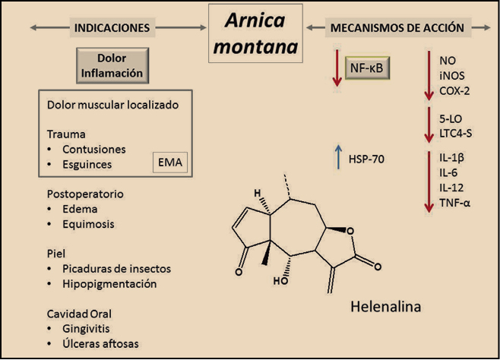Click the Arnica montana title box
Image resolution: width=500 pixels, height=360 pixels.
255,33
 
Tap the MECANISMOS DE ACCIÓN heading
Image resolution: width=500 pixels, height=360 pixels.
397,28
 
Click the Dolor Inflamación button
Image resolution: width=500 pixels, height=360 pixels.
111,65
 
